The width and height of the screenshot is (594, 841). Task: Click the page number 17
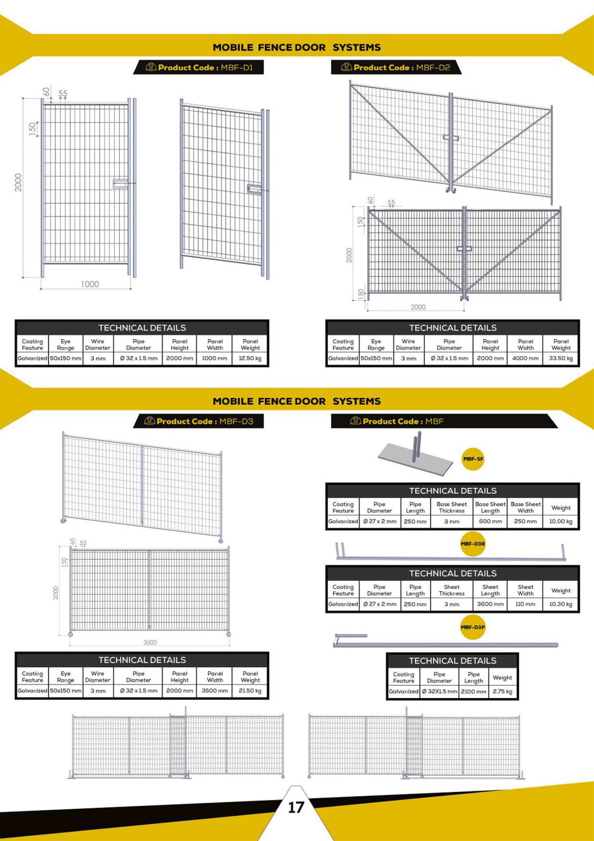coord(296,807)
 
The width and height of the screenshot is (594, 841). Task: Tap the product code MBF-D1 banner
coord(199,67)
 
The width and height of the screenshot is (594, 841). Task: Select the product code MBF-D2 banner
coord(396,67)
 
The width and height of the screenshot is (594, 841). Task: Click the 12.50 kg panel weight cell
coord(250,358)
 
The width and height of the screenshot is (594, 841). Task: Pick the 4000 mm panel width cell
coord(525,358)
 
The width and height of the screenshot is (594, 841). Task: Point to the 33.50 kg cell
coord(561,358)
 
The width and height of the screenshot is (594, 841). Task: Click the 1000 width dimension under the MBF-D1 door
coord(90,284)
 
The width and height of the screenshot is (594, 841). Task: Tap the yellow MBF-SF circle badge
coord(473,459)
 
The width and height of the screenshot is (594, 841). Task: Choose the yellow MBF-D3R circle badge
coord(473,544)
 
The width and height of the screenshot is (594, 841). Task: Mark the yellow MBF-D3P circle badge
coord(473,627)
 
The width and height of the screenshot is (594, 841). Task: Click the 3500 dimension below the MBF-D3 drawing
coord(150,642)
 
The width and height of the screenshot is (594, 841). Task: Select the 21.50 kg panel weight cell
coord(250,691)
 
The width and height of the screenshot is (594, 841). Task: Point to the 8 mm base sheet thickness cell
coord(452,521)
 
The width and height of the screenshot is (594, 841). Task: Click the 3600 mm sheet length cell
coord(490,604)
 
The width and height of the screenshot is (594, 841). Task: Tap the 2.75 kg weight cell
coord(503,691)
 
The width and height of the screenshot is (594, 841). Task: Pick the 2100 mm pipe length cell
coord(474,691)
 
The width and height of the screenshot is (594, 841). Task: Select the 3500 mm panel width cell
coord(215,691)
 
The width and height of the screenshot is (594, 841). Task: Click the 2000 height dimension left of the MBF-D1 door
coord(18,183)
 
